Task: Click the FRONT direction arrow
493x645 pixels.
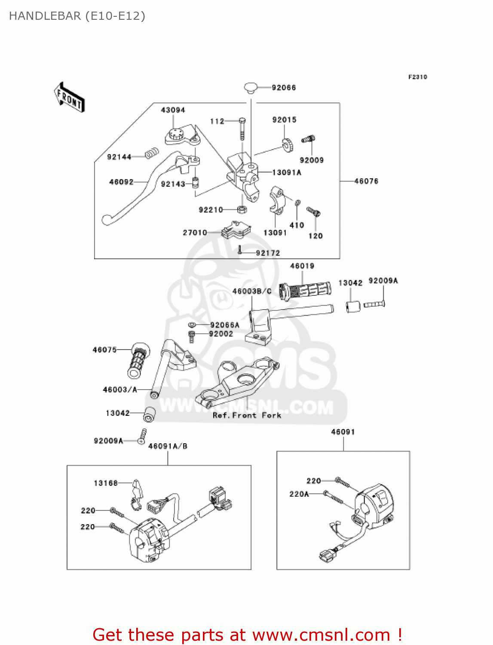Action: [69, 98]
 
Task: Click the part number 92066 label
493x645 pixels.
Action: [284, 88]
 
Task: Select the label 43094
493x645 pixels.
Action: [173, 110]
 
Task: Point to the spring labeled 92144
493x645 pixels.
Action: [152, 154]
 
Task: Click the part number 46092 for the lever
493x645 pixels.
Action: [121, 182]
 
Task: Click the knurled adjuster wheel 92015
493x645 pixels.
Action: [288, 144]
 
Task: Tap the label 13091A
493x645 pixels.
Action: [287, 172]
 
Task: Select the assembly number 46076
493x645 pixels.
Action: [366, 181]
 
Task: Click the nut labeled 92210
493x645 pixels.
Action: [242, 209]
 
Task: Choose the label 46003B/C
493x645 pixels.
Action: [252, 291]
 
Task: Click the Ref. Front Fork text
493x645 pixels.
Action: [247, 415]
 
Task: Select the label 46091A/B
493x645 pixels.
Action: [168, 446]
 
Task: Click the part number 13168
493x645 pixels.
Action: [106, 483]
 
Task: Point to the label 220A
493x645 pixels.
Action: [299, 494]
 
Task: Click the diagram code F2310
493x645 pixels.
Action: [417, 77]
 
